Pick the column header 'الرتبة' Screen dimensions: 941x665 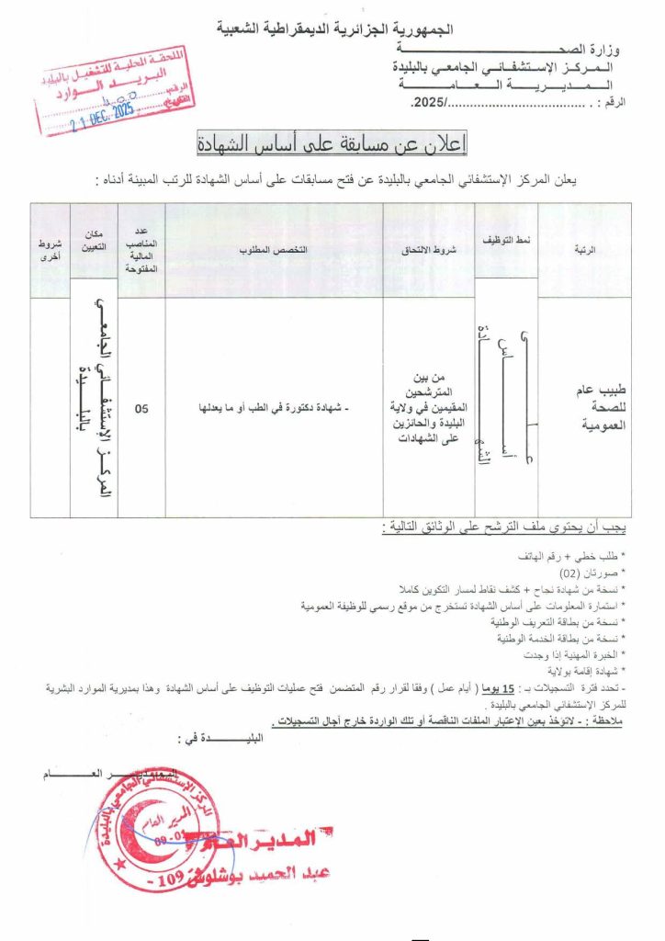click(x=584, y=250)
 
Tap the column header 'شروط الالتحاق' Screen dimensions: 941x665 click(x=428, y=250)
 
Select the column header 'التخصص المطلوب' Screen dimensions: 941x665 click(x=274, y=250)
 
